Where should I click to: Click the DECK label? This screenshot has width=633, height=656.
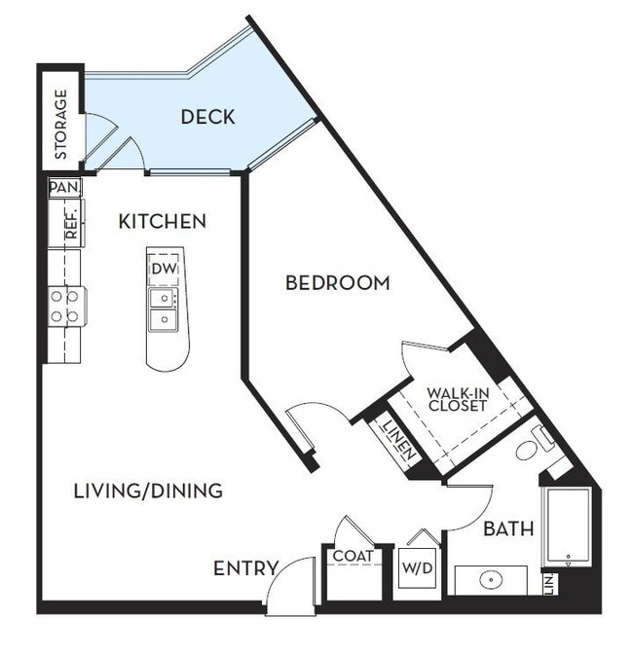207,117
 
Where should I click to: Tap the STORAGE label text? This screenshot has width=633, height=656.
60,125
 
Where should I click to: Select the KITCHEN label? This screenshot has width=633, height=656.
162,222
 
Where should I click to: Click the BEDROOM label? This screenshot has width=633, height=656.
337,283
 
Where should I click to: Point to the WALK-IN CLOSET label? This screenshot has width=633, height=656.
457,400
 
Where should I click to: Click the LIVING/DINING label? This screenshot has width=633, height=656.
148,491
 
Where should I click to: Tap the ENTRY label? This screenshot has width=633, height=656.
246,568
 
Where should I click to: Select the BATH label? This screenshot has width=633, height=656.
508,529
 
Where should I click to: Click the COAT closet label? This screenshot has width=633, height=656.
353,557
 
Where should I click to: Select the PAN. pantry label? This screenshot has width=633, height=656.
64,186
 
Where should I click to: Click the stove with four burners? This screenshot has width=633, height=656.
65,306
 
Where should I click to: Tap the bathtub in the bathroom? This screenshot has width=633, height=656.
567,527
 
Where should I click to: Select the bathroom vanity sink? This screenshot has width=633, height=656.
492,581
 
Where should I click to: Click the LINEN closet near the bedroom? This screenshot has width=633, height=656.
400,439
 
